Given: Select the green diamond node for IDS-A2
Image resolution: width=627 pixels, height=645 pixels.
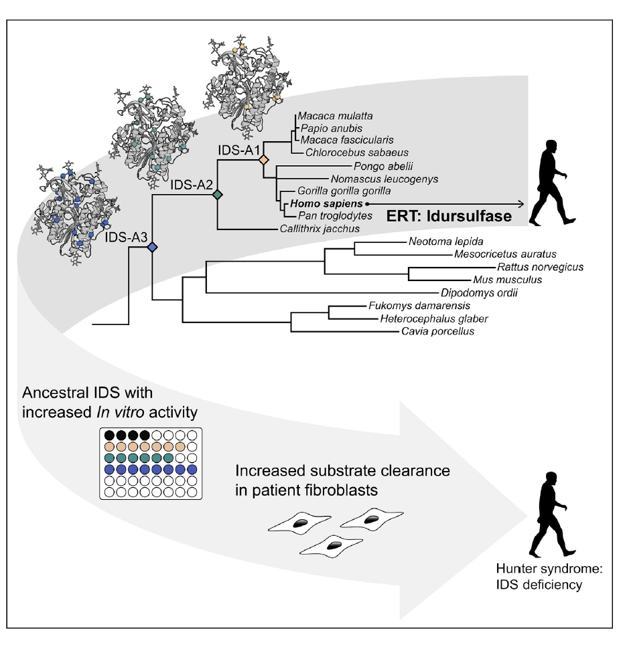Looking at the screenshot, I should click(217, 195).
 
